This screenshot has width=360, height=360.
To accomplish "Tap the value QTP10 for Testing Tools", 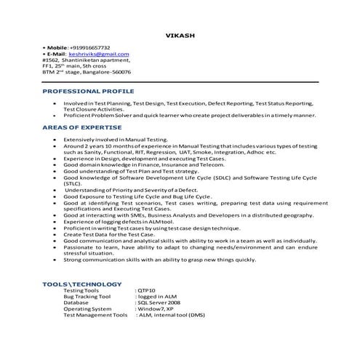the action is tap(146, 290).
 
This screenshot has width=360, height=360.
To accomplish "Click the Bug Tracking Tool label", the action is tap(87, 297).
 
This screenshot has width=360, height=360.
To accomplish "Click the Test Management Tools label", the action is tap(95, 316).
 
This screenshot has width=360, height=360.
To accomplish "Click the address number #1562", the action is tap(51, 60).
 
